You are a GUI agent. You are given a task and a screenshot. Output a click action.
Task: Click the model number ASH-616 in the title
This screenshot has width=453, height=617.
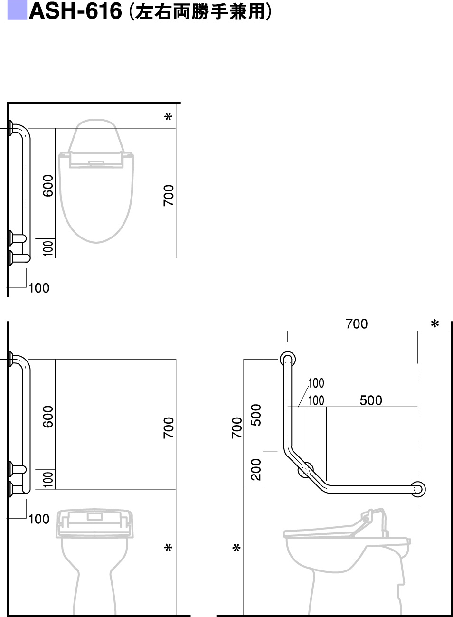tap(75, 11)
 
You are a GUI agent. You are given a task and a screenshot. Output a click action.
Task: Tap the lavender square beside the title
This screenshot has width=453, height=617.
tap(17, 10)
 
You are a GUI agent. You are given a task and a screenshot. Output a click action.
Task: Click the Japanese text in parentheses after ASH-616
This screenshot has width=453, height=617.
tap(200, 11)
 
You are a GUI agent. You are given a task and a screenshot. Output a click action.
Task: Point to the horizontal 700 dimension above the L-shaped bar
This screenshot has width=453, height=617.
tap(357, 323)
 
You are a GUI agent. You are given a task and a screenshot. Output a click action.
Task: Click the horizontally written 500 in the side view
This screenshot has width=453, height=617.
tap(371, 400)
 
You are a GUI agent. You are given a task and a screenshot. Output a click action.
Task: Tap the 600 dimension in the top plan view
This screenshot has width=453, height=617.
tap(48, 186)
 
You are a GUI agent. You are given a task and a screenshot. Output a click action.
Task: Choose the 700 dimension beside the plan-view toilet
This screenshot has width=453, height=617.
tap(169, 196)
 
